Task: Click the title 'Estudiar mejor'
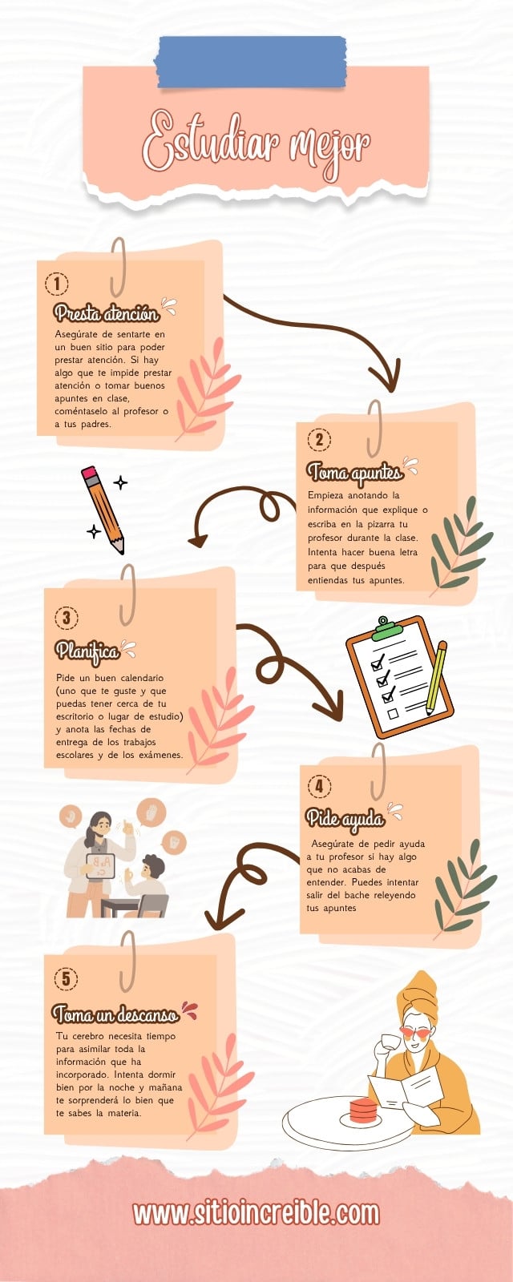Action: pyautogui.click(x=256, y=144)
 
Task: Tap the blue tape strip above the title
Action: pyautogui.click(x=251, y=62)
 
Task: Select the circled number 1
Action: pyautogui.click(x=57, y=284)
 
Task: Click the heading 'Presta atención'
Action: pyautogui.click(x=107, y=312)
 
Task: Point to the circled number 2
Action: pyautogui.click(x=319, y=440)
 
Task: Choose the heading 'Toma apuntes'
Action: pyautogui.click(x=354, y=472)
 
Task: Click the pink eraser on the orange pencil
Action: pyautogui.click(x=90, y=473)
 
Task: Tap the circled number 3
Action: pyautogui.click(x=67, y=618)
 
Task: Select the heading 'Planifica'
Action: pyautogui.click(x=87, y=651)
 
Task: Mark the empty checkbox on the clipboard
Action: pyautogui.click(x=393, y=714)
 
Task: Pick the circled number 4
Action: pyautogui.click(x=319, y=786)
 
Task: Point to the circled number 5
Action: pyautogui.click(x=66, y=978)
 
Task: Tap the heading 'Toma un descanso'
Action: pyautogui.click(x=115, y=1014)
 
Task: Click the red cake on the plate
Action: pyautogui.click(x=363, y=1111)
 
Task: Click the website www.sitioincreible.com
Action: pyautogui.click(x=256, y=1213)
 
